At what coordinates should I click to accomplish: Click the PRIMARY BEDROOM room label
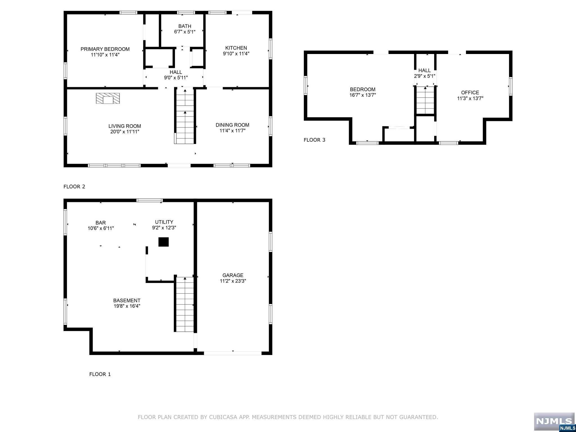105,49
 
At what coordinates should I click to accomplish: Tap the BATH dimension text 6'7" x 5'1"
184,32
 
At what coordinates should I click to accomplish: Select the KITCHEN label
236,48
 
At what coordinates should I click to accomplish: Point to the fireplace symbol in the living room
108,98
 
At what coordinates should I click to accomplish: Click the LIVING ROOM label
125,126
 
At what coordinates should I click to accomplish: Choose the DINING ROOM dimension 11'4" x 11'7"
232,131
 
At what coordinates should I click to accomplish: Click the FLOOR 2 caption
74,186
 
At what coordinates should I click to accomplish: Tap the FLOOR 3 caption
314,140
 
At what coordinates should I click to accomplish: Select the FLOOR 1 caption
100,374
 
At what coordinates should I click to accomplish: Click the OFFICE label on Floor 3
470,93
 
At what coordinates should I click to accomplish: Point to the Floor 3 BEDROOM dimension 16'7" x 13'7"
363,95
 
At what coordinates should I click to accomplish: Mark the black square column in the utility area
163,242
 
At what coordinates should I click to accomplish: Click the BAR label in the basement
100,223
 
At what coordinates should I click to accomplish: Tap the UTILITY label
164,222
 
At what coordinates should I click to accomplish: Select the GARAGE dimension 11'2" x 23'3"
233,281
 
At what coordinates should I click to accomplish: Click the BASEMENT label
127,301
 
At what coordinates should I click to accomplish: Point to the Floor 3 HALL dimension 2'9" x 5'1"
424,76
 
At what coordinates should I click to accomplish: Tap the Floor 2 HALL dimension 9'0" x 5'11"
176,78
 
